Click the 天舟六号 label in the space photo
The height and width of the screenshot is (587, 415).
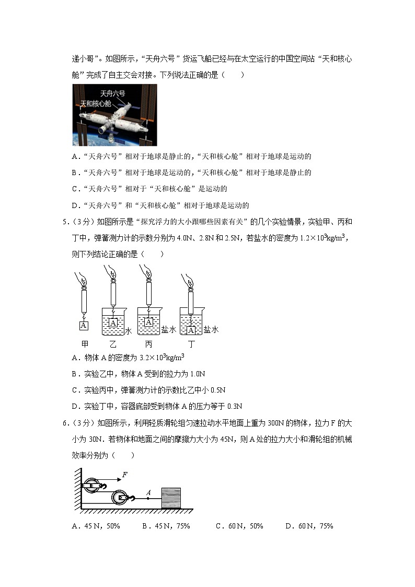112,94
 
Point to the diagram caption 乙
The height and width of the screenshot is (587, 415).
113,344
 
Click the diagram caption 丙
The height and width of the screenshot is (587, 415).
148,344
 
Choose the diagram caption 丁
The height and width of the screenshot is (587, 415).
191,344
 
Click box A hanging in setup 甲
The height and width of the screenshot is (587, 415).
84,326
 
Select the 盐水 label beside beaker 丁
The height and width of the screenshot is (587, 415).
211,329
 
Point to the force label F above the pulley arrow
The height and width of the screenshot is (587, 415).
124,475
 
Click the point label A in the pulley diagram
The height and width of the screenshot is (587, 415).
148,492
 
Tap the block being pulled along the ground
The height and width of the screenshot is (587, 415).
171,498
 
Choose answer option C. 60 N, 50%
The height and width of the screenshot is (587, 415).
239,526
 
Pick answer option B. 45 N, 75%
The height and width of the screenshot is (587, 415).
166,526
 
